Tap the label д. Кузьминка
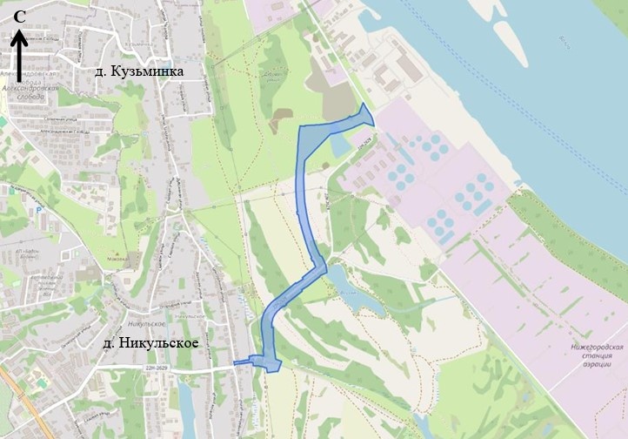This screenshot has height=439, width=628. [x=140, y=71]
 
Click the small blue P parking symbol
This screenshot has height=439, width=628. [x=37, y=210]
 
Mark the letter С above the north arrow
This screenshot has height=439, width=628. [x=18, y=17]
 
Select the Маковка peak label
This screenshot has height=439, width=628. [x=117, y=259]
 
